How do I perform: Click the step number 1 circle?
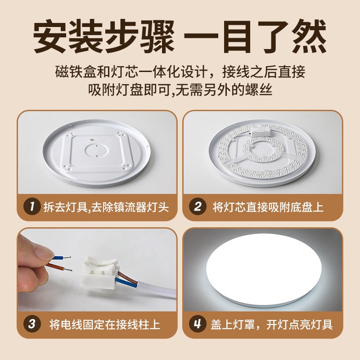pos(32,207)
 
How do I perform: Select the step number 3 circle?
pos(32,324)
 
